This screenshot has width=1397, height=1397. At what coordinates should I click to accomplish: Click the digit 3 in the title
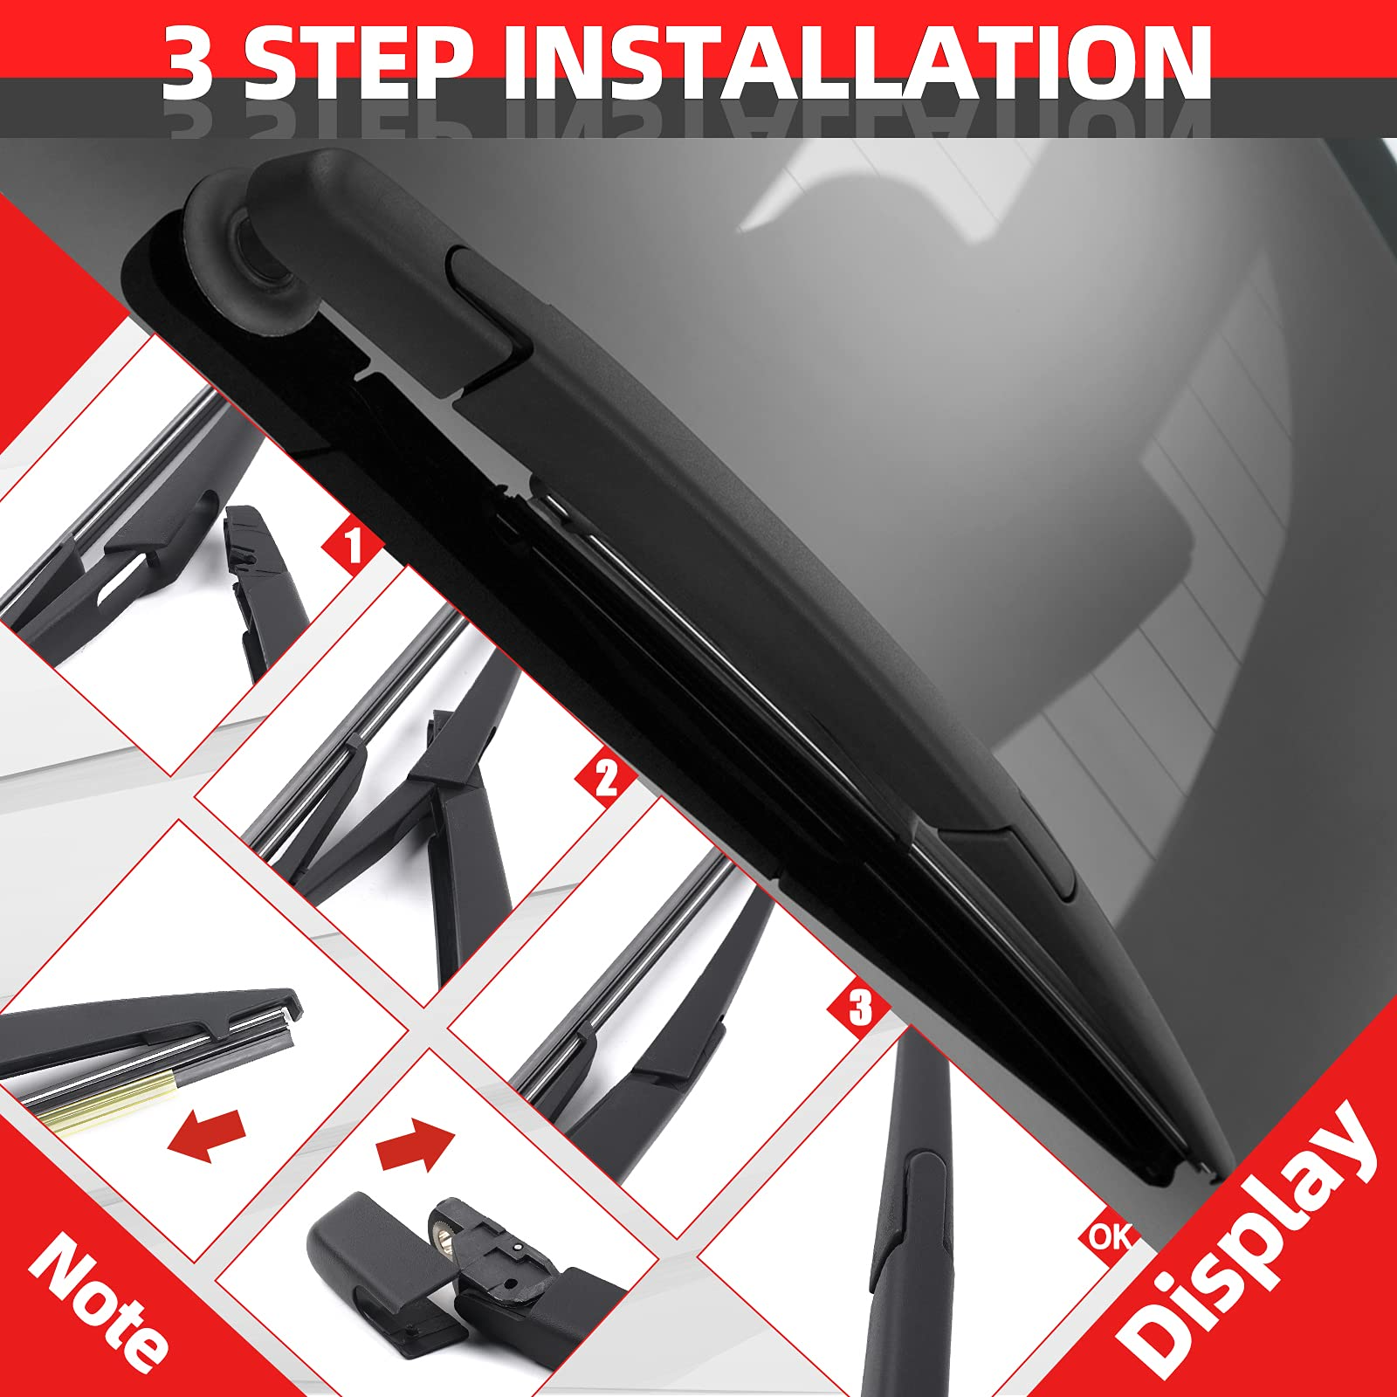pos(187,63)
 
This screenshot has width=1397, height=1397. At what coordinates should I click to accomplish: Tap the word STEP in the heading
pos(359,63)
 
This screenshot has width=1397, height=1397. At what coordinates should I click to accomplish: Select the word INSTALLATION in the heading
pos(857,63)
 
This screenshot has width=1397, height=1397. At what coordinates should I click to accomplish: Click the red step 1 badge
pos(353,547)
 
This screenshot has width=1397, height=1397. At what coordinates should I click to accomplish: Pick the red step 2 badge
pos(606,777)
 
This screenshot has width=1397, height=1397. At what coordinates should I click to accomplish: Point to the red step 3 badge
pos(859,1008)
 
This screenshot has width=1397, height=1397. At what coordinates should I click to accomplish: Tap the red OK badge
pos(1111,1235)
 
